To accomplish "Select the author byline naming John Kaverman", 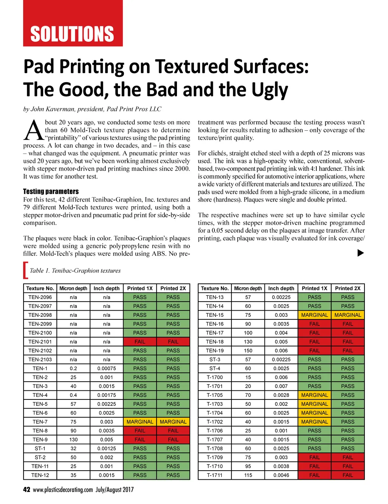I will [92, 109].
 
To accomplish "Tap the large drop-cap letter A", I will [33, 131].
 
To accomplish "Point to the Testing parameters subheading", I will [51, 191].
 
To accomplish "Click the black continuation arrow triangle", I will [360, 253].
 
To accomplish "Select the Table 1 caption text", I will [75, 271].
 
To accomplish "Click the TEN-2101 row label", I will [40, 341].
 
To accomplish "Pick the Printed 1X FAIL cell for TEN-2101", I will [140, 341].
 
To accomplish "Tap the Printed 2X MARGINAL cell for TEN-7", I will [173, 422].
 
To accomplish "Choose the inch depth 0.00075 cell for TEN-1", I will [106, 368].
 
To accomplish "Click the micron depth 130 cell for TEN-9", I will [73, 440].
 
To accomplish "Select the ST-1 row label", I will [40, 448].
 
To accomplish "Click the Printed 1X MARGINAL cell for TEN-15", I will [314, 315].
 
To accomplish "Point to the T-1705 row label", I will [214, 395].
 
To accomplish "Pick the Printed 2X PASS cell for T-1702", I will [348, 422].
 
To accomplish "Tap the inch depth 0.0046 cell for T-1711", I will [281, 475].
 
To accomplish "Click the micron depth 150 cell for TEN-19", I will [248, 351].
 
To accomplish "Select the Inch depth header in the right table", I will [281, 288].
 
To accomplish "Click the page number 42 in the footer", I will [27, 490].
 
